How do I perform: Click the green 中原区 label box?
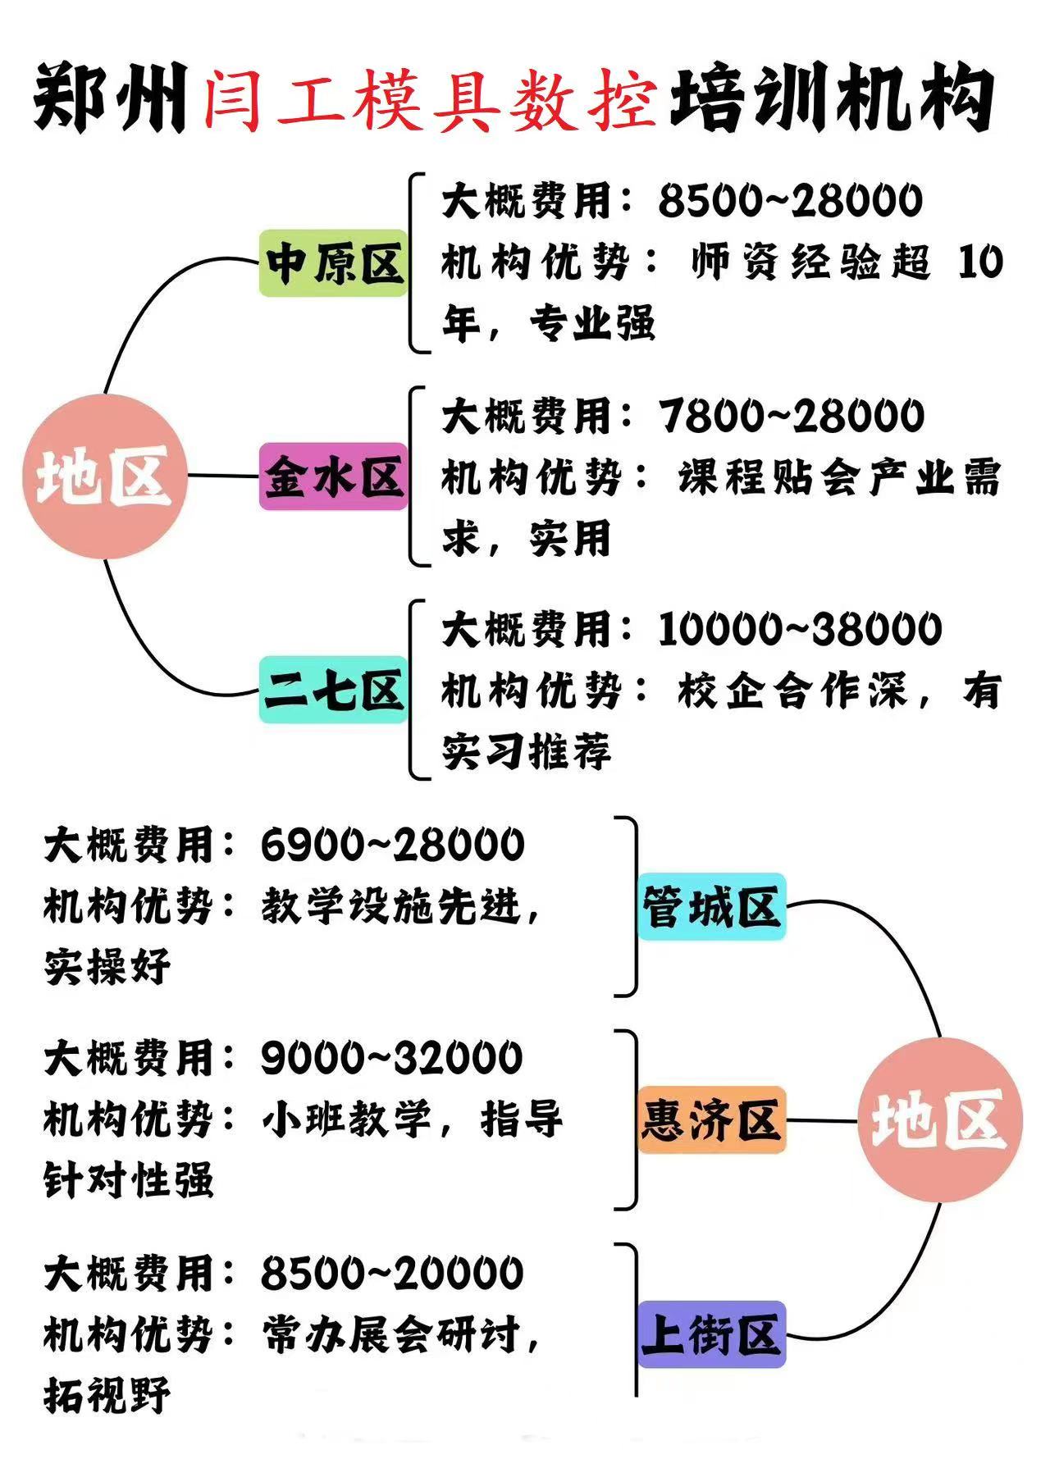tap(333, 263)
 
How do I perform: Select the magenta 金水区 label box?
tap(333, 476)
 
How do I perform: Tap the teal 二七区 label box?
tap(333, 690)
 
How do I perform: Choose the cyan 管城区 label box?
tap(711, 907)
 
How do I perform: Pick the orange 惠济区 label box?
tap(711, 1120)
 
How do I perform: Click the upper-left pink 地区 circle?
tap(105, 476)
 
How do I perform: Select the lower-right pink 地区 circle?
tap(940, 1120)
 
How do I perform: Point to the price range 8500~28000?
tap(790, 201)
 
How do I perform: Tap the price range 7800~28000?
tap(792, 416)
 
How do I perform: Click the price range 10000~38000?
tap(800, 630)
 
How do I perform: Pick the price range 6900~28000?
tap(393, 845)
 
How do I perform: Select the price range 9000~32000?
tap(392, 1058)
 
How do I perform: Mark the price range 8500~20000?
tap(392, 1273)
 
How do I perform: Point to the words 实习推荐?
tap(527, 751)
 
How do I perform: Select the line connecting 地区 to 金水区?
tap(223, 476)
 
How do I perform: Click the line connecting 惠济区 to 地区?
tap(821, 1120)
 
